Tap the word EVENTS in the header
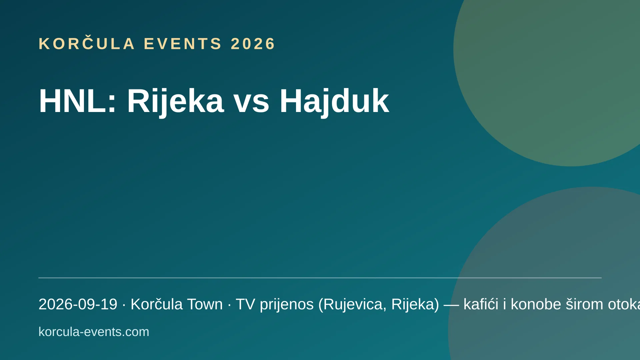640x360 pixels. tap(183, 44)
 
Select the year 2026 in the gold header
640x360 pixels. tap(253, 44)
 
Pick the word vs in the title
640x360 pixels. tap(251, 104)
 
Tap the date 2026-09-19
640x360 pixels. tap(78, 304)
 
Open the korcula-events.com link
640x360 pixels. tap(94, 332)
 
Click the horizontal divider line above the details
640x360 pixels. tap(320, 278)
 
